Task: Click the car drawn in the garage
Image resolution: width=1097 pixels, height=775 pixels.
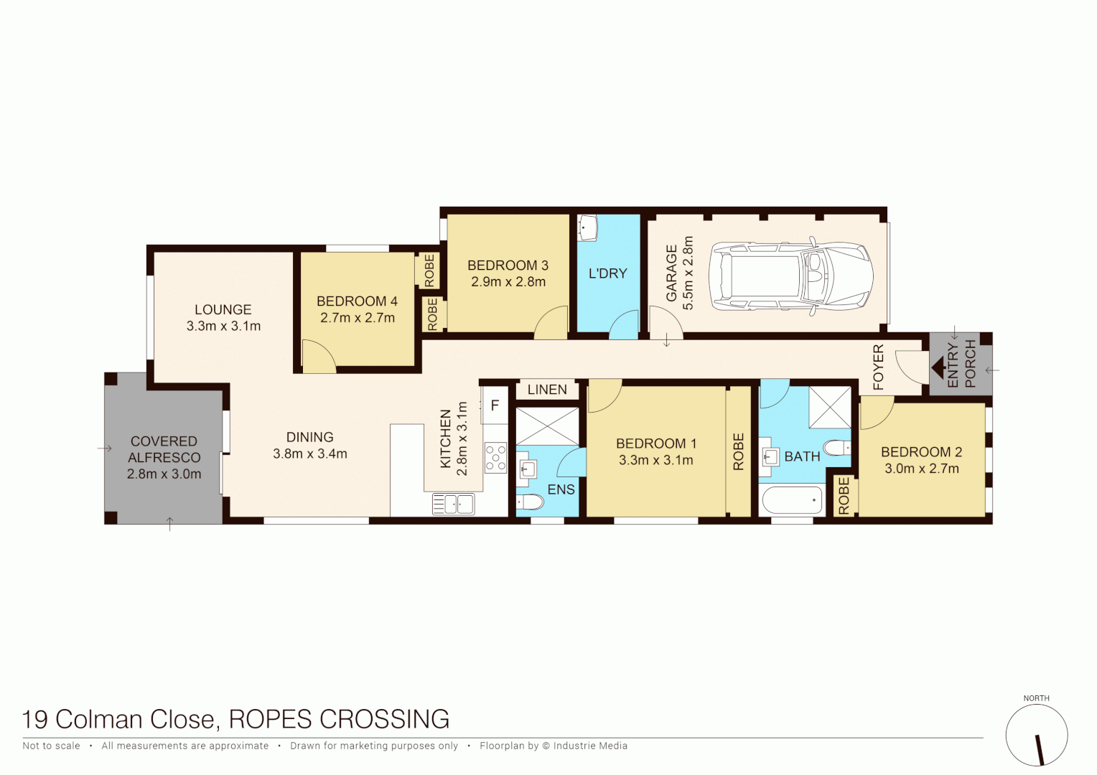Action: (x=790, y=277)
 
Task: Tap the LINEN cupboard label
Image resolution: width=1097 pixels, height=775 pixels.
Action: (x=547, y=390)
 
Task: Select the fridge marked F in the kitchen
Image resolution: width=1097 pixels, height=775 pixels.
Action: (x=495, y=406)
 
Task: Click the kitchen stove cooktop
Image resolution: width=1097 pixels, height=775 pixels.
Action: (x=495, y=458)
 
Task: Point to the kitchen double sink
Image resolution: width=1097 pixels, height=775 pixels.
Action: (x=453, y=504)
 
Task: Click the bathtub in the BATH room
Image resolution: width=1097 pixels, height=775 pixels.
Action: (x=791, y=499)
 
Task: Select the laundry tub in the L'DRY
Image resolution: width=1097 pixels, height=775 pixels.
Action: (x=588, y=228)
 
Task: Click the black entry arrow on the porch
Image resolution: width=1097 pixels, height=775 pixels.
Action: (x=938, y=369)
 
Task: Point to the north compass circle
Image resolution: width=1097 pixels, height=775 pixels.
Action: (x=1036, y=736)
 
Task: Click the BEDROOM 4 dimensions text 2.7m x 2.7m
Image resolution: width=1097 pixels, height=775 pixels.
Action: (x=358, y=318)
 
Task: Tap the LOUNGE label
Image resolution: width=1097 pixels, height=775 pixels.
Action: (x=223, y=309)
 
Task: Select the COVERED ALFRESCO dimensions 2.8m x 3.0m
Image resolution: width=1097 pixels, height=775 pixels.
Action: (x=164, y=474)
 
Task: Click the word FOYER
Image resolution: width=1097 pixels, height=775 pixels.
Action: (x=879, y=367)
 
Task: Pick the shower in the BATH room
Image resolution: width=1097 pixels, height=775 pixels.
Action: (x=830, y=407)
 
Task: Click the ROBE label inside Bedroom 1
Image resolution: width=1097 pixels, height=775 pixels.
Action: (x=738, y=451)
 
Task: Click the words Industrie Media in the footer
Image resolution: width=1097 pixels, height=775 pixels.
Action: (x=590, y=746)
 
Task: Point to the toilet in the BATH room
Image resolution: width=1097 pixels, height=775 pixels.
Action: (x=836, y=448)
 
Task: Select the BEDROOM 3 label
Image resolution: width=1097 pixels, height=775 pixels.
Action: (x=508, y=266)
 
